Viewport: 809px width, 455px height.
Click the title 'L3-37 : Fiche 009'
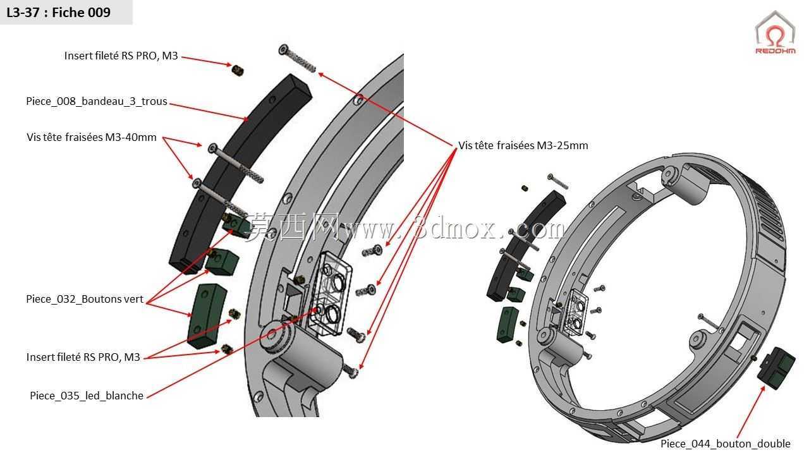pos(59,13)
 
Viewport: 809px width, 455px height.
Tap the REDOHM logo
pos(775,33)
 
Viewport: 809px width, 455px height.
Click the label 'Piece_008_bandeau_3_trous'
pos(97,102)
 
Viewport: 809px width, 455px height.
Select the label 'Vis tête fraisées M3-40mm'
pos(92,137)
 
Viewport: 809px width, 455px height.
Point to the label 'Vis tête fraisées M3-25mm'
pos(523,145)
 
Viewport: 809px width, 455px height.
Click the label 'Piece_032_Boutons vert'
pos(85,299)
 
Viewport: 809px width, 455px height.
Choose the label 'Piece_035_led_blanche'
pos(87,396)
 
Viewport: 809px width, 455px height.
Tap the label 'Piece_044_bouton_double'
pos(725,444)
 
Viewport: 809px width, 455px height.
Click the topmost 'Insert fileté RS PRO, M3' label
pos(121,56)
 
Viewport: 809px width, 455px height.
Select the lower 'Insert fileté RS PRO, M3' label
pos(83,357)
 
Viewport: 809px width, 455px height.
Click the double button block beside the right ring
pos(776,368)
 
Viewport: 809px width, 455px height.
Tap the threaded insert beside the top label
pos(237,70)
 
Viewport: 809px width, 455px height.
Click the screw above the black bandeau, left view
pos(297,59)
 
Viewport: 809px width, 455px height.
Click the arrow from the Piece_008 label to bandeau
pos(209,112)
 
